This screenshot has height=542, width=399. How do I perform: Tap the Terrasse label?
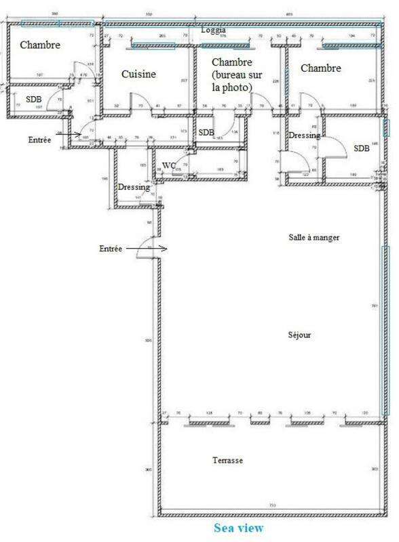pos(227,461)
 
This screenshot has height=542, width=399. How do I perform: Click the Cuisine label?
pos(139,74)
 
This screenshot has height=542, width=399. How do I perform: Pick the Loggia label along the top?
pos(214,30)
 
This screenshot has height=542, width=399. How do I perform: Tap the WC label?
pos(169,164)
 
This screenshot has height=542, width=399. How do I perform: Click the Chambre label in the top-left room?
pos(40,46)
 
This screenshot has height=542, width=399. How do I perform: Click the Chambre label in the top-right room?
pos(320,68)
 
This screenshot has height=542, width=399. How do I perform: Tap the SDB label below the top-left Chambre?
pos(34,99)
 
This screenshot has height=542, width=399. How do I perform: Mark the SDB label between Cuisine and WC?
pos(206,132)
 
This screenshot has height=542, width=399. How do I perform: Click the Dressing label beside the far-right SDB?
pos(304,135)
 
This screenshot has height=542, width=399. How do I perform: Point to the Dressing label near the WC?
pos(134,187)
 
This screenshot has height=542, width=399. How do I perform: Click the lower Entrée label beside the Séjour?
pos(110,250)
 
